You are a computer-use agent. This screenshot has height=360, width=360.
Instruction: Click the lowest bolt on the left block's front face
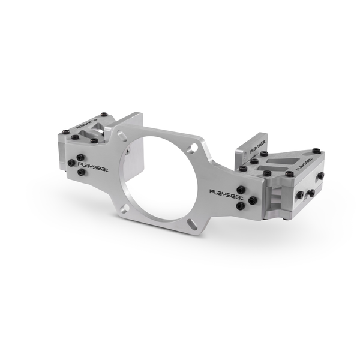tap(82, 172)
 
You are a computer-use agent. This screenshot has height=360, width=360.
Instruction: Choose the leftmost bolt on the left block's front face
tap(71, 163)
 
